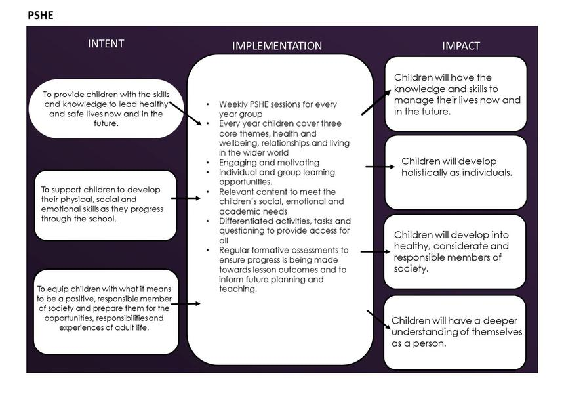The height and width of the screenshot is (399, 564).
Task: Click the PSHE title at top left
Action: [41, 14]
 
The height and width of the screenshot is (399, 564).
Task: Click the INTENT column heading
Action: [106, 44]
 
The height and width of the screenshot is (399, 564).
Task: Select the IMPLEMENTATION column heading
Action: [277, 46]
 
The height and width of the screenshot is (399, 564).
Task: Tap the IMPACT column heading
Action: [460, 46]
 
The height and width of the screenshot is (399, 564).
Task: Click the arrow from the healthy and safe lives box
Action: [186, 114]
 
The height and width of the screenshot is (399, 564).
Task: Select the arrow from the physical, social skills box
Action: [189, 197]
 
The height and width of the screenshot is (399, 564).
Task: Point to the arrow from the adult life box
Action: [189, 303]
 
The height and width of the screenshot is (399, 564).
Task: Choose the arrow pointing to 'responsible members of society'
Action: [374, 251]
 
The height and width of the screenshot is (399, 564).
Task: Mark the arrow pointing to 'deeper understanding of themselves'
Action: [376, 319]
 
